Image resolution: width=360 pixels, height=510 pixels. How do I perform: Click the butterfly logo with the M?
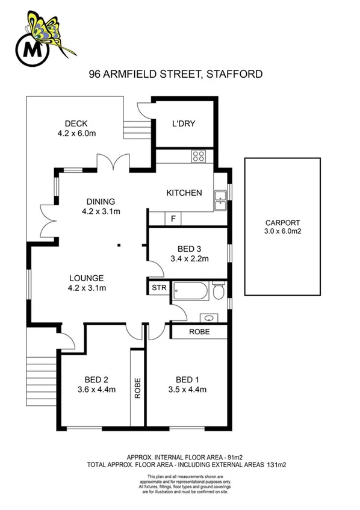pos(44,37)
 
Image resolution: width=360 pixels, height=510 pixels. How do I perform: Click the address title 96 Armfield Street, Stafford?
pos(175,75)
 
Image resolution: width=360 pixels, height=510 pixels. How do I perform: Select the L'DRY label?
pos(182,124)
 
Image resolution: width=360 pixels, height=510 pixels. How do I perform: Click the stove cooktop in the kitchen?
pos(199,157)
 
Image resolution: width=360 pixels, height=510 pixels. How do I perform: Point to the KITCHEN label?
pos(184,193)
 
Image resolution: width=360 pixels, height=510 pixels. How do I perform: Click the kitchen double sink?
pos(220,199)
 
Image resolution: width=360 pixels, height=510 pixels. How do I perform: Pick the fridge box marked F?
pos(173,219)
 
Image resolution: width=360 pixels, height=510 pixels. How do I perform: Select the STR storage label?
pos(158,288)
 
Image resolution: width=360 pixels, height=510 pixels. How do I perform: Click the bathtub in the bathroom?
pos(191,292)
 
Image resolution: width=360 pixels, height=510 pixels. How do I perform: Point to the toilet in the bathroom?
pos(219,292)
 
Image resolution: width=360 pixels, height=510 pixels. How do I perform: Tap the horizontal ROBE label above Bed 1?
pos(199,332)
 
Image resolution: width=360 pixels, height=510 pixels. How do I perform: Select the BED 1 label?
pos(187,379)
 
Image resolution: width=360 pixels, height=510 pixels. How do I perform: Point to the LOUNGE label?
pos(86,278)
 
